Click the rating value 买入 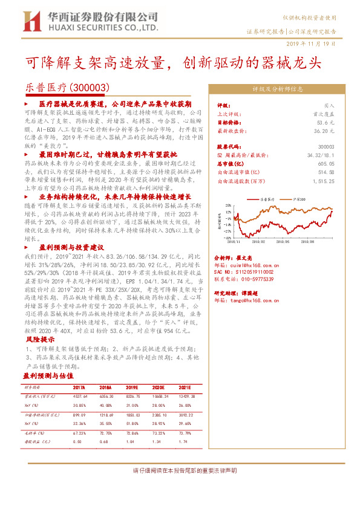tap(330, 105)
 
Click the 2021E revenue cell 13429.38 tap(185, 396)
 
